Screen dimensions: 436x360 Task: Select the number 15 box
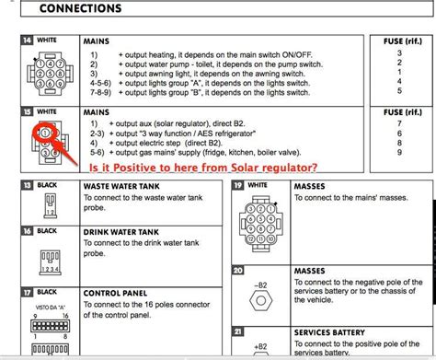(27, 110)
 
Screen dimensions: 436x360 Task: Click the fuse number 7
(398, 122)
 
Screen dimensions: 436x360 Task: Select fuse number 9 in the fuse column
(398, 145)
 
